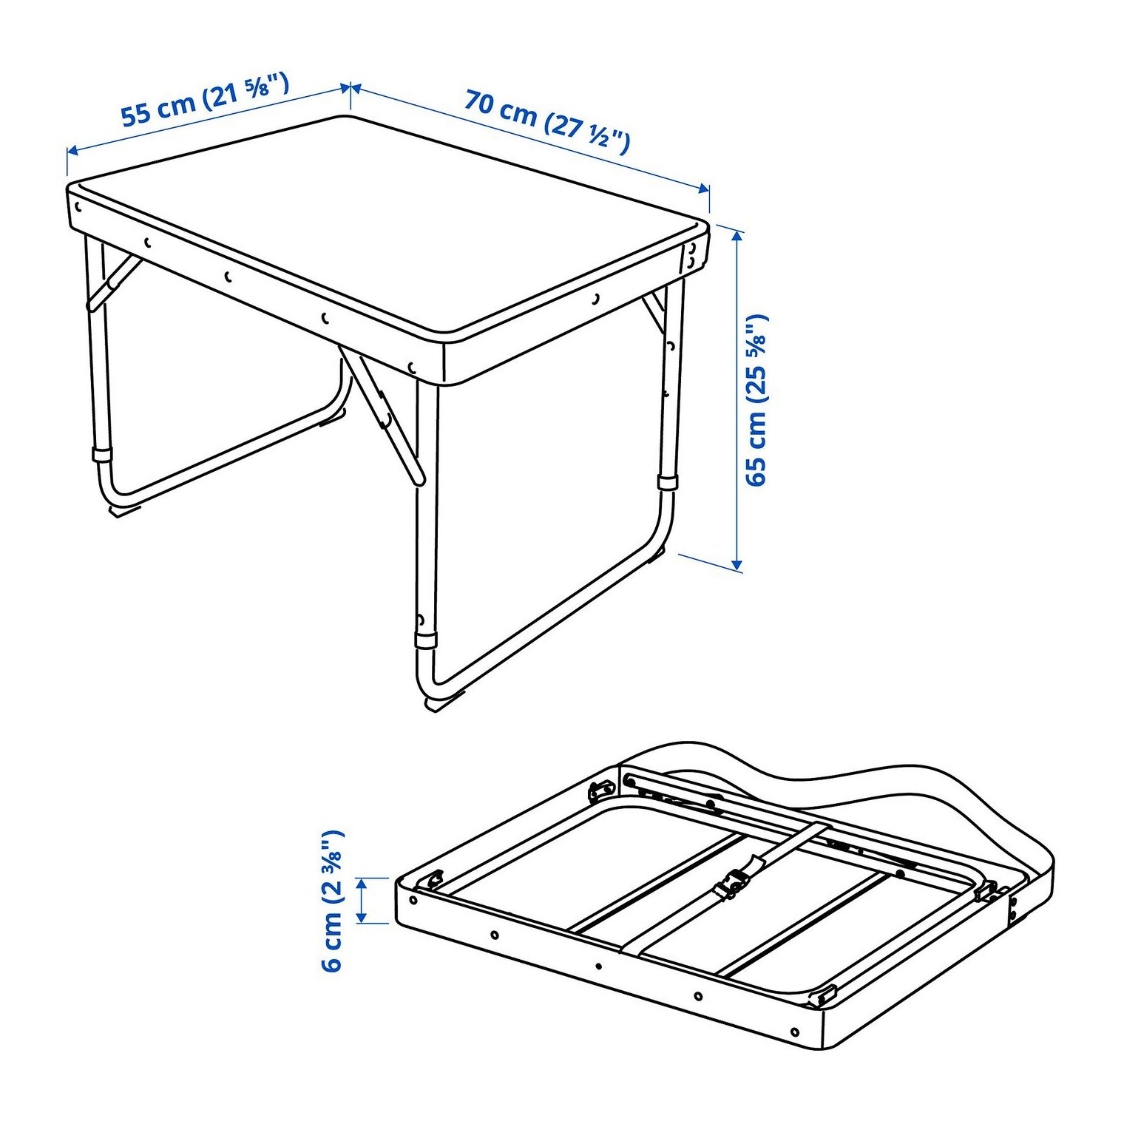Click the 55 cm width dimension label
point(204,100)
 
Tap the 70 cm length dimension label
point(547,121)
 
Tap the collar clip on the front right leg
point(426,640)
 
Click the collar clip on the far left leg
point(102,454)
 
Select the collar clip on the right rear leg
point(668,483)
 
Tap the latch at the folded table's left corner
point(432,881)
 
